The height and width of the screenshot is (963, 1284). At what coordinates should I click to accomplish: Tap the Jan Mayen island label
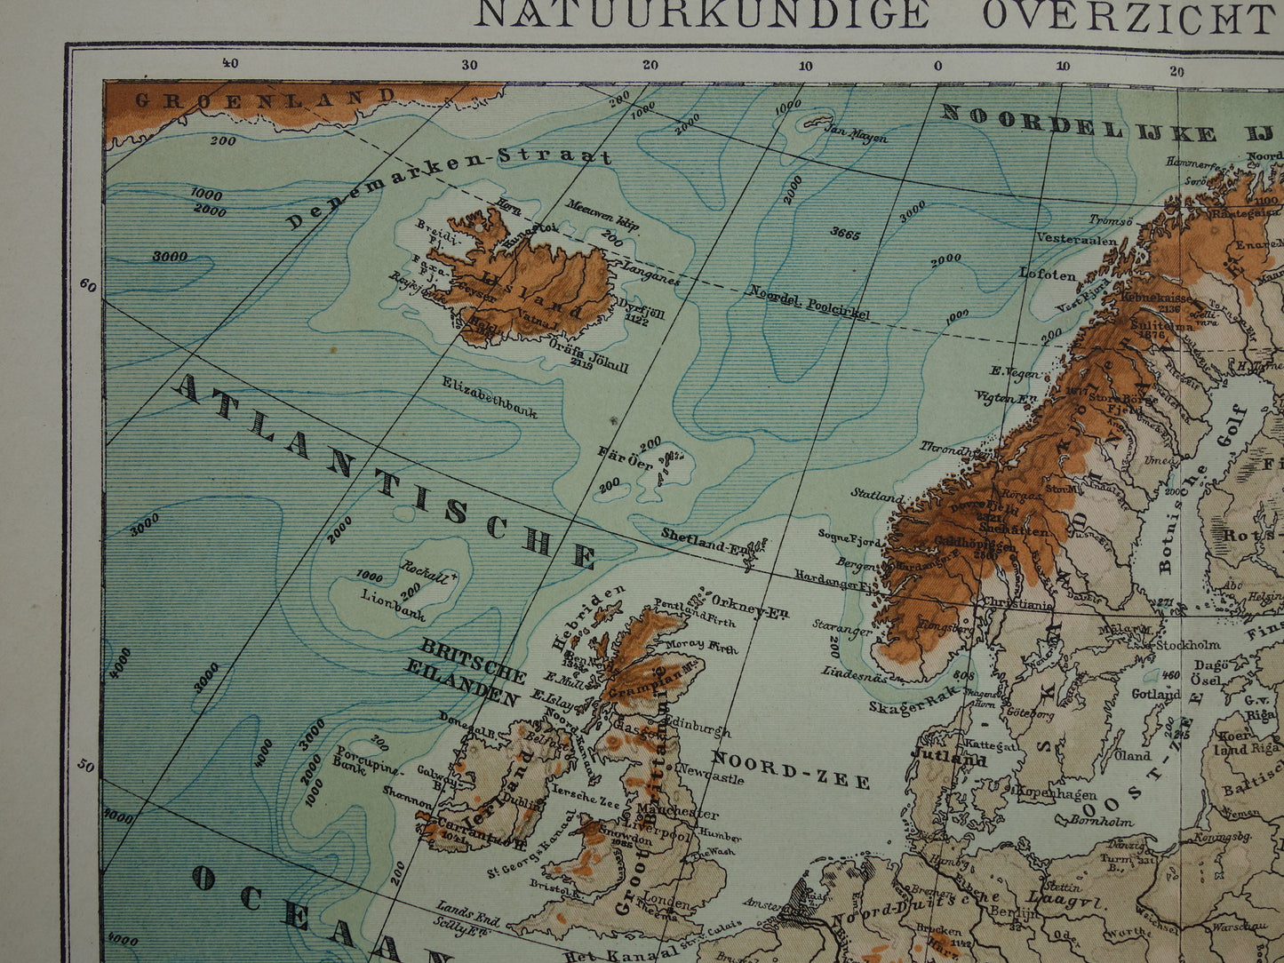click(857, 132)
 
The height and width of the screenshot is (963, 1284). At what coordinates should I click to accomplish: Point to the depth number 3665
click(845, 234)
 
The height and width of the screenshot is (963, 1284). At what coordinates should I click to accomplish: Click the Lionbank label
click(393, 607)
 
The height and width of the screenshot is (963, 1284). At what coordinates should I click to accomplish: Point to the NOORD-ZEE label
click(791, 769)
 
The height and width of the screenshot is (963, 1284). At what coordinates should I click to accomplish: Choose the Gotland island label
click(1155, 694)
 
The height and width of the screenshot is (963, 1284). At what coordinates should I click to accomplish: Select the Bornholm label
click(1102, 822)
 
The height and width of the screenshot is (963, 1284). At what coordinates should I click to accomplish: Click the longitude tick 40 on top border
click(229, 63)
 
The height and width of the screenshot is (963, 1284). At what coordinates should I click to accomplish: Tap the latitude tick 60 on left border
click(87, 284)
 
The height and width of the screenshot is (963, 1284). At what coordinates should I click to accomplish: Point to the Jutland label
click(948, 760)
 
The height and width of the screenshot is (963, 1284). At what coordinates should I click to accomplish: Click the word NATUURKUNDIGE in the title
click(702, 15)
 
